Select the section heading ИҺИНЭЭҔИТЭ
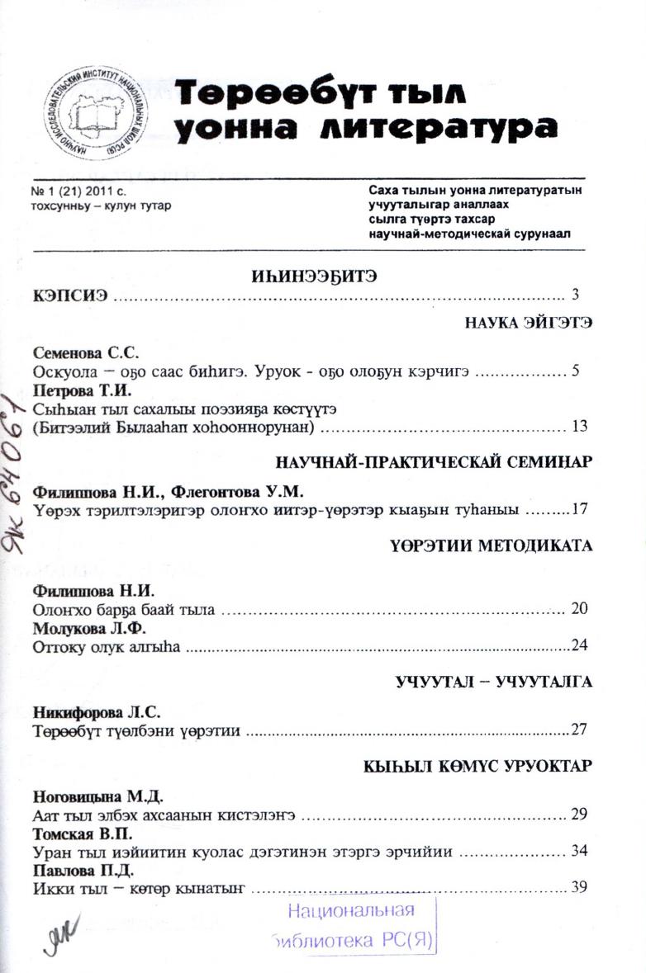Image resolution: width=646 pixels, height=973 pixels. pos(314,277)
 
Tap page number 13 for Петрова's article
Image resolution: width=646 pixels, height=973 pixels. pos(578,427)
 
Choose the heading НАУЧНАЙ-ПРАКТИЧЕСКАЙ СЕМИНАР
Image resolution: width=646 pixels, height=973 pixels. pos(434,462)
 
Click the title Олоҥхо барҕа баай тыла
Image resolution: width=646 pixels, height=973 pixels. pos(124,610)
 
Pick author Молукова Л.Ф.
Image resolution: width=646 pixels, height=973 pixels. pos(78,628)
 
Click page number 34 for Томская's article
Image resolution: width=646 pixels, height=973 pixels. pos(578,850)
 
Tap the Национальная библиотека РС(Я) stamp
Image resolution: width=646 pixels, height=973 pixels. pos(353,924)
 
